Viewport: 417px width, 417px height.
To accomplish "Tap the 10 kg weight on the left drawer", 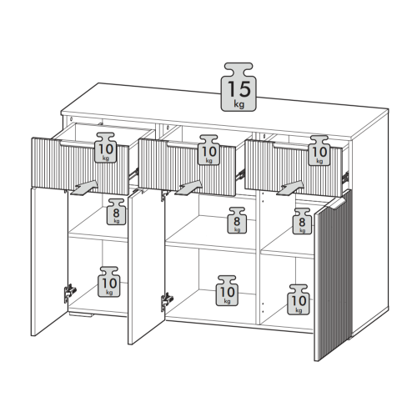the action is (x=106, y=148).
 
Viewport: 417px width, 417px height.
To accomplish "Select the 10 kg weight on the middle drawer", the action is (x=208, y=150).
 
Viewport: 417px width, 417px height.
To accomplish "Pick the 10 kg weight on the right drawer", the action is (x=319, y=151).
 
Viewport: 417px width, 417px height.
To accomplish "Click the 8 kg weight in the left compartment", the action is (x=116, y=212).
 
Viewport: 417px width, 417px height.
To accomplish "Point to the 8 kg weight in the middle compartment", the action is (x=237, y=220).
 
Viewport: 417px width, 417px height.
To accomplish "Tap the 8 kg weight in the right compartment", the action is (x=302, y=221).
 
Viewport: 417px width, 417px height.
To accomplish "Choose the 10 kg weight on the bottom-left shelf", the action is (x=109, y=282).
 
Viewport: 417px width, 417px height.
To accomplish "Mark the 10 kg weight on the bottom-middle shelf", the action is (x=227, y=291).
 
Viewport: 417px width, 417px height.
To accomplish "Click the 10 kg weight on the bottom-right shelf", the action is (x=299, y=299).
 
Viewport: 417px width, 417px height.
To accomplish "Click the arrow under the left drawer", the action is (x=84, y=188).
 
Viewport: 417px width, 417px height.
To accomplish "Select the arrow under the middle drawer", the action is (x=188, y=188).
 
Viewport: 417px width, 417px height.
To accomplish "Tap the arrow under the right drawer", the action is (x=291, y=188).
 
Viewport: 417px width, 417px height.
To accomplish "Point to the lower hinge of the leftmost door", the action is (x=70, y=294).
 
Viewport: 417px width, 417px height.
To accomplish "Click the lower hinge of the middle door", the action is (x=167, y=302).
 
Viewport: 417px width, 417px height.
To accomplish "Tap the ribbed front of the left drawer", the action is (x=80, y=166).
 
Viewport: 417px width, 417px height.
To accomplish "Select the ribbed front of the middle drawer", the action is (x=187, y=167).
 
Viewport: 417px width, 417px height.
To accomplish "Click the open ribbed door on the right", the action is (x=334, y=275).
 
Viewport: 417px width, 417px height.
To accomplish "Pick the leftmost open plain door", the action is (x=49, y=261).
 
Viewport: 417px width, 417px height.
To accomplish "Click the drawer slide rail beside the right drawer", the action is (x=345, y=177).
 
